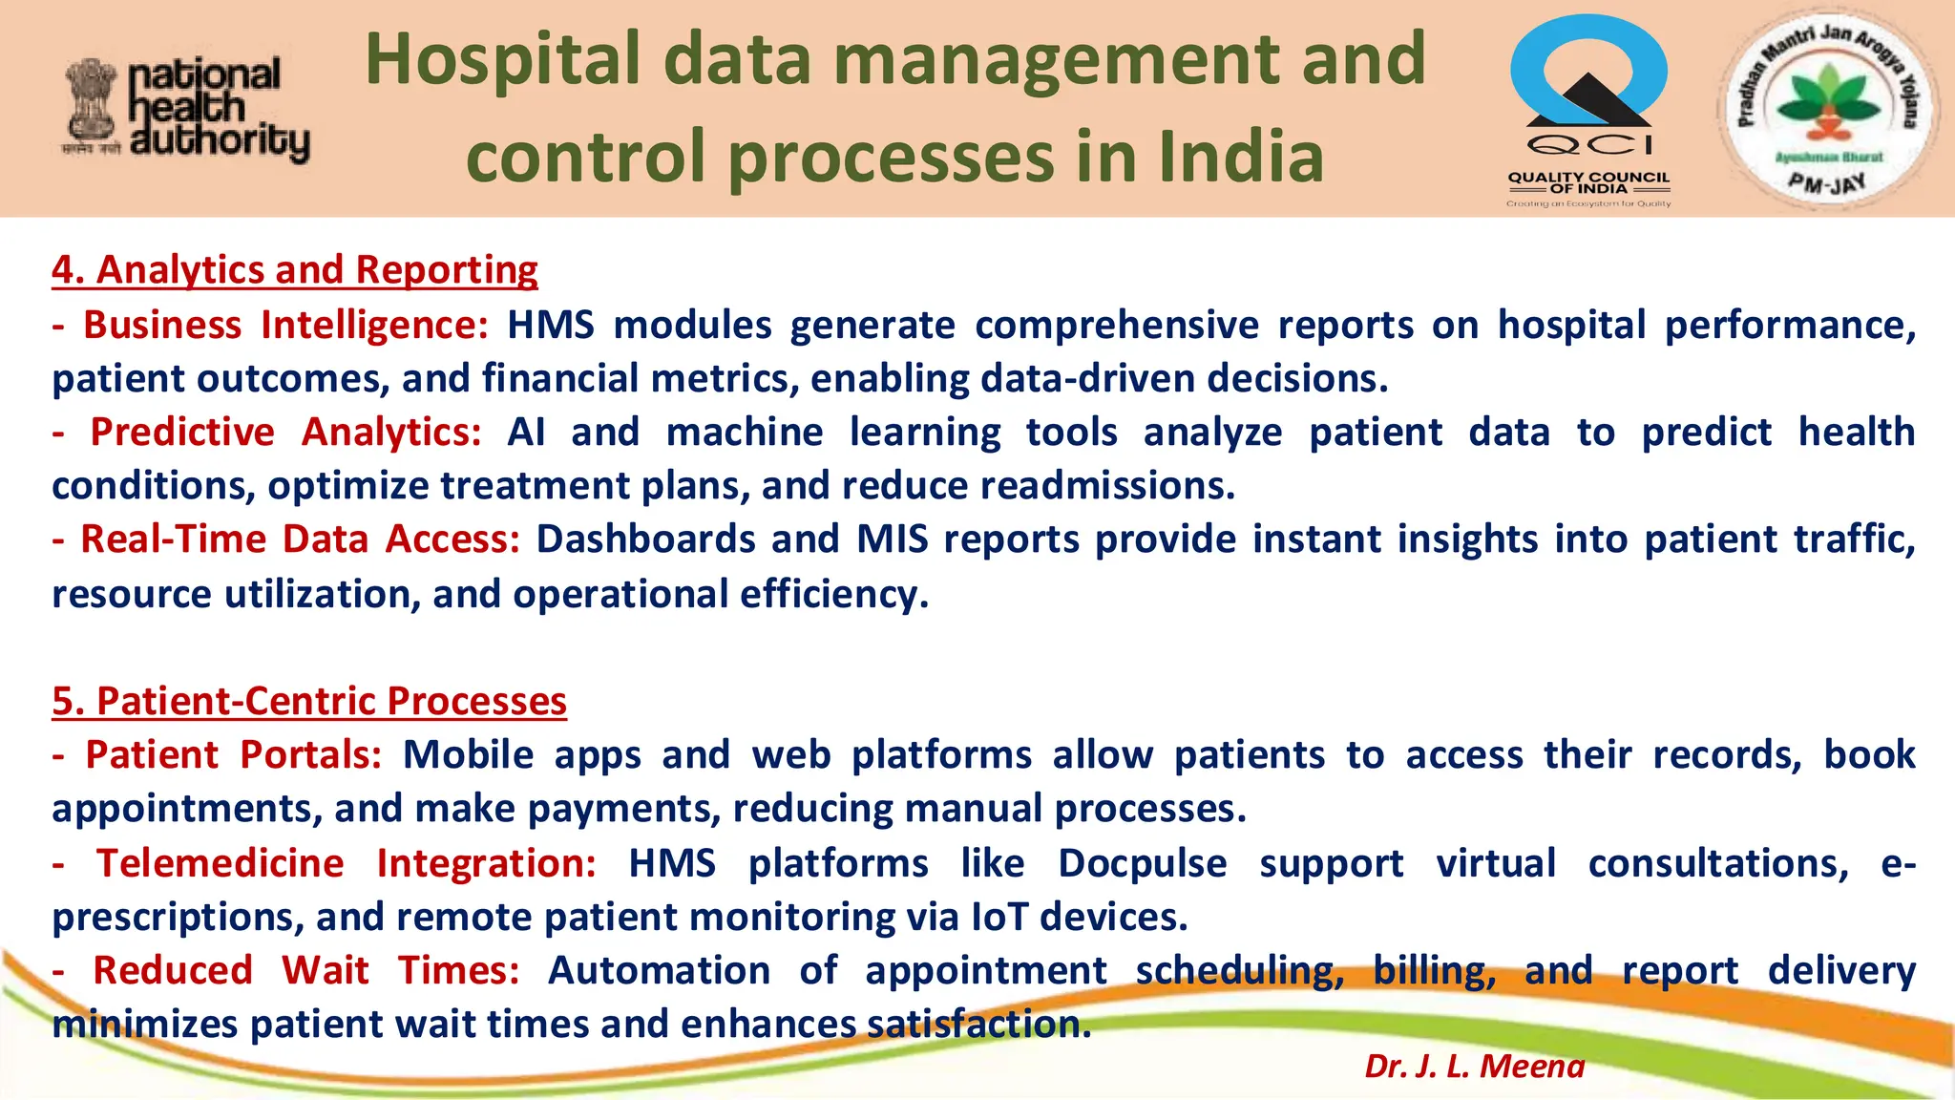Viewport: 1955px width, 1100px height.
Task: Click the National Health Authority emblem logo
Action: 187,110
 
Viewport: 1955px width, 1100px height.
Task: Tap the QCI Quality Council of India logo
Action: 1588,110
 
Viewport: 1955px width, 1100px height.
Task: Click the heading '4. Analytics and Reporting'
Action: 295,270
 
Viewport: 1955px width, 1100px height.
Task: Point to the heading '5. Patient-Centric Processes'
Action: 309,702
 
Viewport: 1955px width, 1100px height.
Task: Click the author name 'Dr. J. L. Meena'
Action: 1474,1066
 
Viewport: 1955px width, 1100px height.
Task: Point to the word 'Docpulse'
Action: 1142,864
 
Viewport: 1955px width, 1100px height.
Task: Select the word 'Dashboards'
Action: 645,539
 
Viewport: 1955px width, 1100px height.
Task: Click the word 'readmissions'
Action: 1106,486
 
